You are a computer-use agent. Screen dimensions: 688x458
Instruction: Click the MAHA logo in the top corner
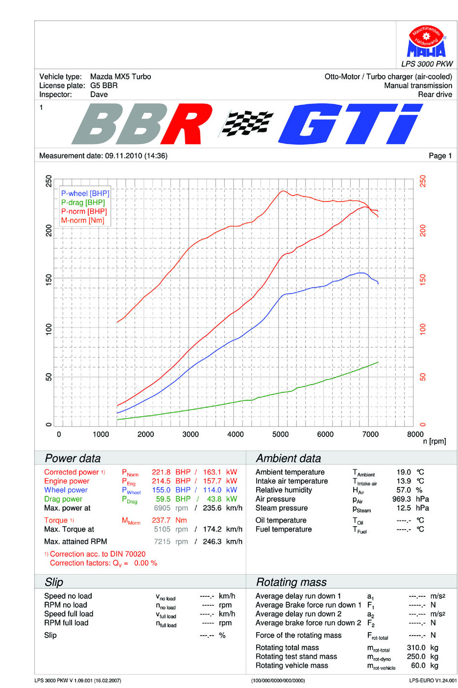coord(426,42)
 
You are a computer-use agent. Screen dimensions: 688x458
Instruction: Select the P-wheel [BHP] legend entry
coord(85,194)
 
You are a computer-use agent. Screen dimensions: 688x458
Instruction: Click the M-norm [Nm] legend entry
coord(82,221)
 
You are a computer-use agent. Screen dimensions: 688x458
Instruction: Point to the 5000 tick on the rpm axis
coord(280,434)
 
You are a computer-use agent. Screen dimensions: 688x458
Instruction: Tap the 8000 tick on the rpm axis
coord(415,434)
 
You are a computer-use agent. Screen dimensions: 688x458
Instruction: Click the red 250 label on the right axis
coord(423,181)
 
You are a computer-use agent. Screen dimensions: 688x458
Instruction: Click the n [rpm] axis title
coord(434,442)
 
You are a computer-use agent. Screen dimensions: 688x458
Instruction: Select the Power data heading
coord(72,459)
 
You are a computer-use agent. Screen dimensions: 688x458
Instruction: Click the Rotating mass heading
coord(291,582)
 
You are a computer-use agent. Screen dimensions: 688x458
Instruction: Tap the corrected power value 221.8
coord(161,472)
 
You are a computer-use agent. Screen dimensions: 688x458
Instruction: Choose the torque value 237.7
coord(161,520)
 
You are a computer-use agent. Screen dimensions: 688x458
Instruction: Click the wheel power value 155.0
coord(161,490)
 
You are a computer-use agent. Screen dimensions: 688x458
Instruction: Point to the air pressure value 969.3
coord(402,499)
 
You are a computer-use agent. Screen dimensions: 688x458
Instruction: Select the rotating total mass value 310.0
coord(416,648)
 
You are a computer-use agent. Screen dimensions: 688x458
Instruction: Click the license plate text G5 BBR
coord(104,85)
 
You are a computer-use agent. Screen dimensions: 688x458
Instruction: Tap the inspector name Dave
coord(99,95)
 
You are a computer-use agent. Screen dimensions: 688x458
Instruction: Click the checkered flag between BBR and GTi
coord(246,123)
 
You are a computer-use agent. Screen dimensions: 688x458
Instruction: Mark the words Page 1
coord(440,156)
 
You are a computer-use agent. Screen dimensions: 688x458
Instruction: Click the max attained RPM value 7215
coord(162,542)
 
